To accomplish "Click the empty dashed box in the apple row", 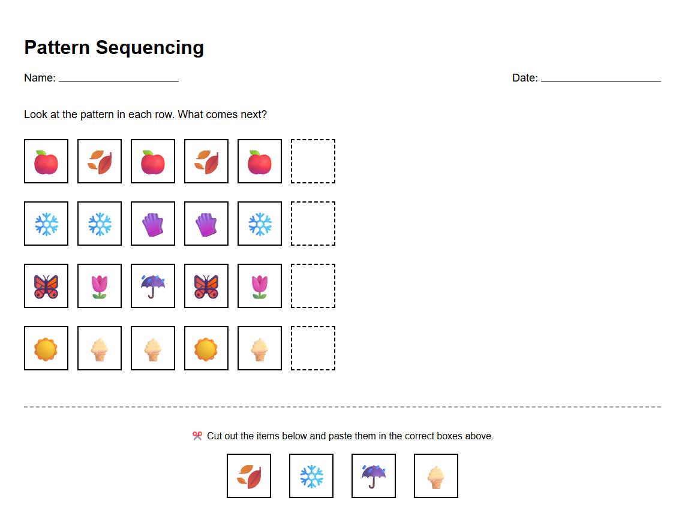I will pos(313,161).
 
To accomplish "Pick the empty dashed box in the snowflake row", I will pos(313,224).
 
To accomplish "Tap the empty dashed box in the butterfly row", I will pos(313,286).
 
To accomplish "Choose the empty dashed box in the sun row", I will pos(313,348).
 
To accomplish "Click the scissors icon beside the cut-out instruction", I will pos(197,436).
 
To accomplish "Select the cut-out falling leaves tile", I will pos(249,476).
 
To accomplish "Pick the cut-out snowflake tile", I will pos(311,476).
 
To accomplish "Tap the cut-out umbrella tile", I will pos(374,476).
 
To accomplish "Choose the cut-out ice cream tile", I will pos(436,476).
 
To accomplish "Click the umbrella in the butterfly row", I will pos(153,286).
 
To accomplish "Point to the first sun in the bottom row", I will pos(46,348).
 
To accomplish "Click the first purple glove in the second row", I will pos(153,224).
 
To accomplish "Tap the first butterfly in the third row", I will pos(46,286).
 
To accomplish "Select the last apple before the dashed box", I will pos(260,161).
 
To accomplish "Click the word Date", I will pos(524,78).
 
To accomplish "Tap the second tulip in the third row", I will pos(260,286).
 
